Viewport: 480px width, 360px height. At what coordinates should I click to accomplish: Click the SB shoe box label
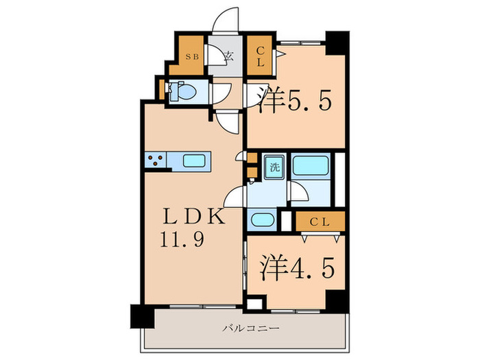click(191, 57)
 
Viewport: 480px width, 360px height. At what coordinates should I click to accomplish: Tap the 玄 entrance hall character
click(229, 57)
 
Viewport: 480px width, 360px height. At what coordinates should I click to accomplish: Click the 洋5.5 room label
click(296, 102)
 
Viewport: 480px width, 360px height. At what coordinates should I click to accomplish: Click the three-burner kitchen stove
click(155, 161)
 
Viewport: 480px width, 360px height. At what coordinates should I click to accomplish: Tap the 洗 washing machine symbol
click(274, 167)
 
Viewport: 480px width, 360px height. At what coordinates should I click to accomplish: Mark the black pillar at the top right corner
click(336, 43)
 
